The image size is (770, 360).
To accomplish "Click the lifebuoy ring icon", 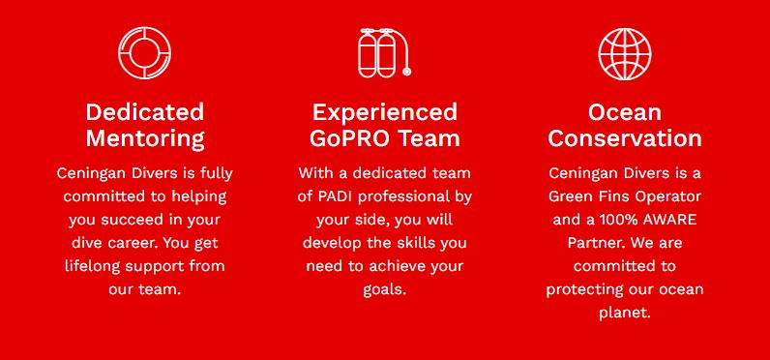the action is tap(144, 35).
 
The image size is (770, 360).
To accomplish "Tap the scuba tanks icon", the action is tap(384, 53).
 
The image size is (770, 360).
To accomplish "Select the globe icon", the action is tap(625, 53).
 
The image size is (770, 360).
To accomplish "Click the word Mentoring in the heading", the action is tap(145, 138).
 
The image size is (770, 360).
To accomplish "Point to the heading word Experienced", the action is tap(384, 112).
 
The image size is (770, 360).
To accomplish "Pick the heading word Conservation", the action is tap(625, 138).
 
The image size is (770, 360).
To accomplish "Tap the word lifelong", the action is tap(92, 266).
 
